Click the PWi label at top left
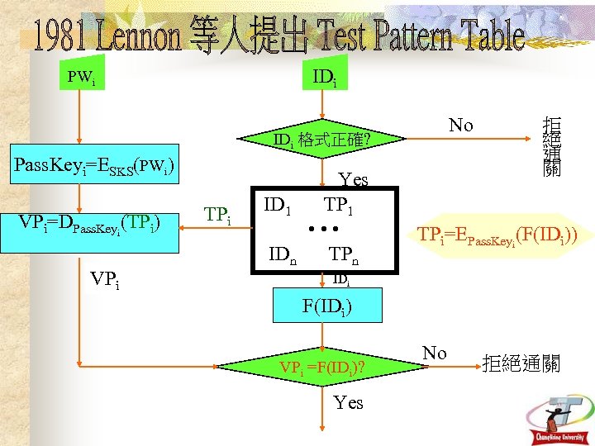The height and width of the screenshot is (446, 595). pos(80,78)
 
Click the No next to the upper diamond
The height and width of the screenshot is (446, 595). pos(460,126)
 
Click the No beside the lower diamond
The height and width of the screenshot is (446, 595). pos(435,353)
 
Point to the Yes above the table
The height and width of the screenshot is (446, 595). pos(354,181)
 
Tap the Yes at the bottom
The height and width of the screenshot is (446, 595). pos(348,402)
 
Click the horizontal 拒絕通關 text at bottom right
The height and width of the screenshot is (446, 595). pos(521,363)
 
